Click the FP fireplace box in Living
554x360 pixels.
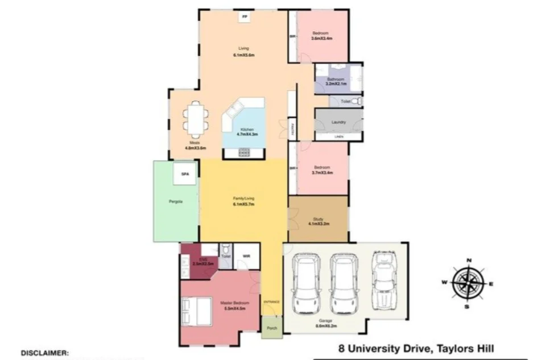click(245, 17)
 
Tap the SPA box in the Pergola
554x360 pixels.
click(184, 175)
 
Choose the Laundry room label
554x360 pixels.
click(338, 122)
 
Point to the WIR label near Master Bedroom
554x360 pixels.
click(247, 256)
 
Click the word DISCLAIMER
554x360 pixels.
click(45, 353)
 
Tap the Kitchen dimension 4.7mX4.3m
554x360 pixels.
click(247, 135)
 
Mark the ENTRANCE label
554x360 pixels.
click(271, 301)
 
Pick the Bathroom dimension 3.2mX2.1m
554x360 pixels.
click(335, 84)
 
